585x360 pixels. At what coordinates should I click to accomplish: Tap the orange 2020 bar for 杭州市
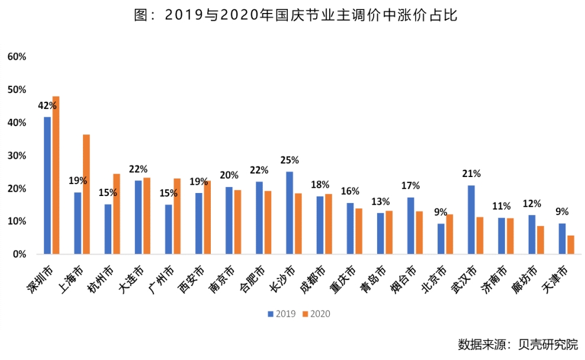click(x=117, y=214)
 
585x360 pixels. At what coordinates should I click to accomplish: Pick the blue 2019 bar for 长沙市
click(x=290, y=213)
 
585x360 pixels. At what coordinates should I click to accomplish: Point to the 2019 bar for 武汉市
click(x=471, y=220)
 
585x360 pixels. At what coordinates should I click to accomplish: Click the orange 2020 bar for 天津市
click(x=571, y=245)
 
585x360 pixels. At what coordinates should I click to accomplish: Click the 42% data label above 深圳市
click(x=47, y=105)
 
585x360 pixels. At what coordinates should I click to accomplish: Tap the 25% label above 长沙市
click(x=290, y=160)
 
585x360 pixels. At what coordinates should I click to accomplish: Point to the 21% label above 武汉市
click(x=471, y=174)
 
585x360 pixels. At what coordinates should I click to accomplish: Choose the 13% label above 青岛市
click(x=380, y=201)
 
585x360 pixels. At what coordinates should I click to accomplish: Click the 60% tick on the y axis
click(x=17, y=57)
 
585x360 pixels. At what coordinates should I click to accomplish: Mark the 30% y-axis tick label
click(x=17, y=156)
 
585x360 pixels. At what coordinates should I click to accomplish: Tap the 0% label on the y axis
click(x=19, y=255)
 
